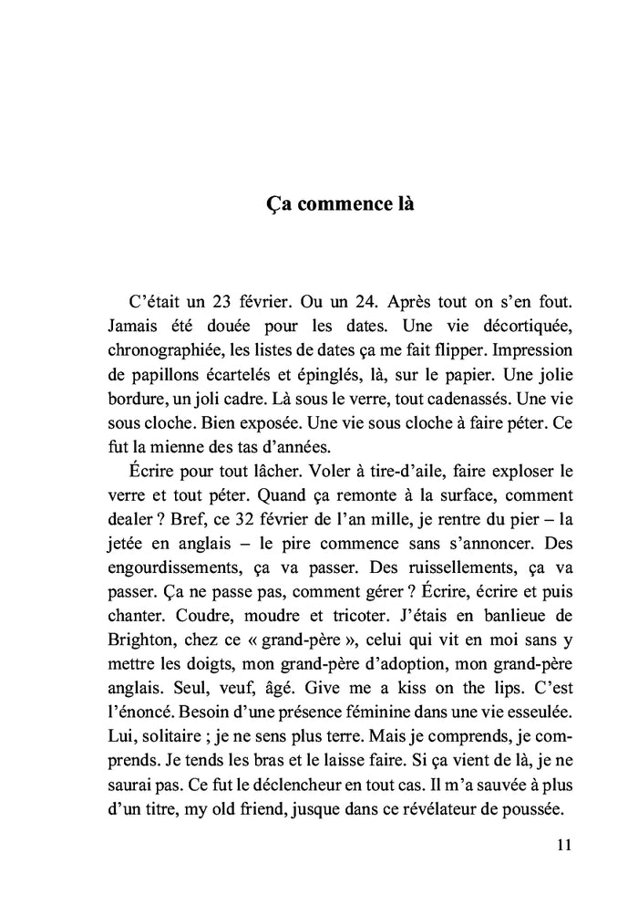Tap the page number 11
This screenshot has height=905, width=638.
tap(562, 845)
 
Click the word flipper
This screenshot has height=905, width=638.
tap(447, 352)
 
